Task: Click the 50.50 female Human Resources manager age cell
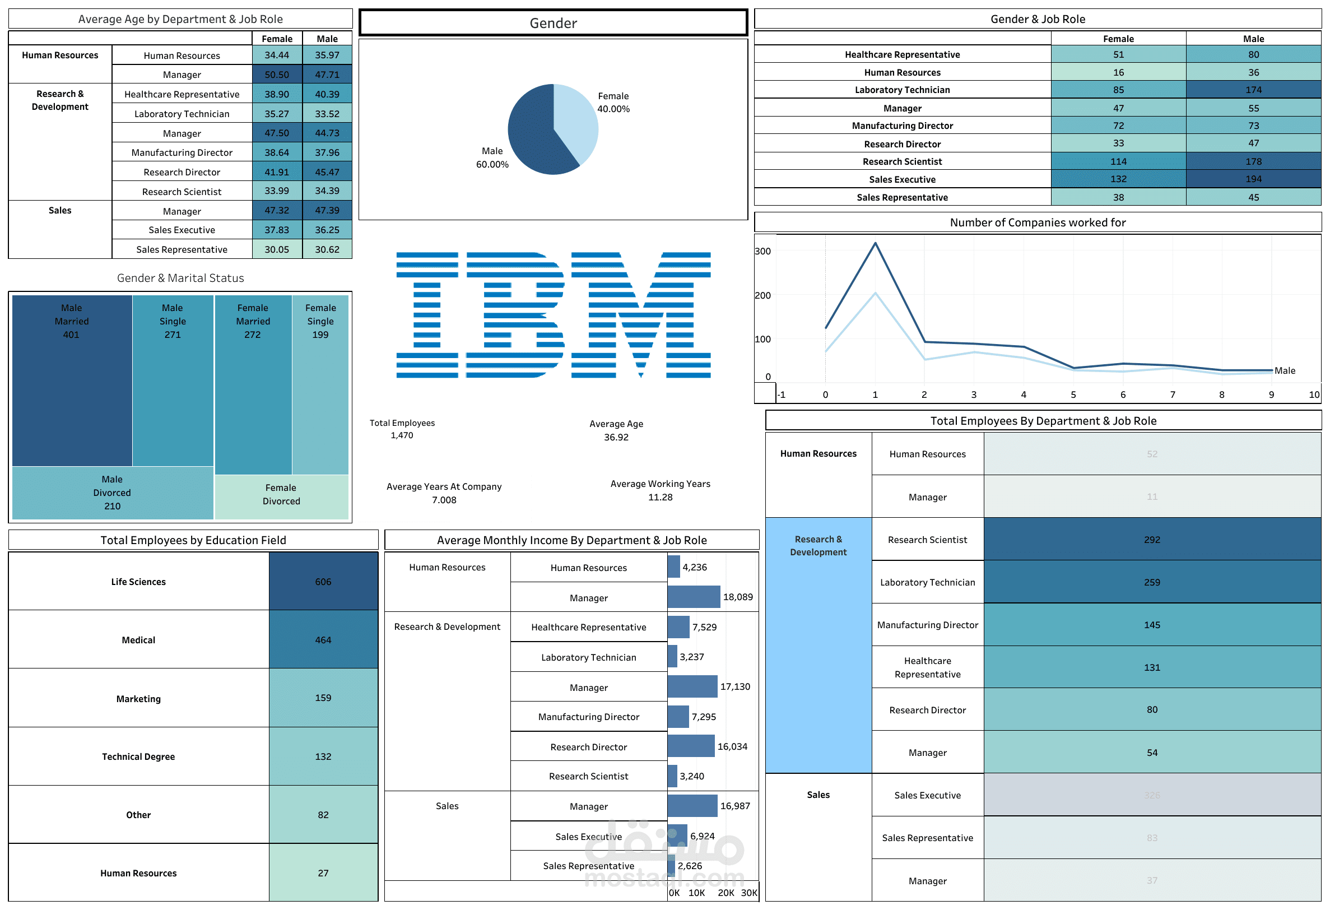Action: pos(277,75)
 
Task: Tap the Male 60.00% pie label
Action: pos(492,158)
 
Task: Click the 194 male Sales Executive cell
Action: pos(1253,179)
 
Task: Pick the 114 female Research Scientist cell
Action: pos(1118,161)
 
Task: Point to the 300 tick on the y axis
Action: pos(763,251)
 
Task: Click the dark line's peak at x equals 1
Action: pos(875,243)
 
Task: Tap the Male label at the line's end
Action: pos(1285,371)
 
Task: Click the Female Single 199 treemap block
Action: pos(320,383)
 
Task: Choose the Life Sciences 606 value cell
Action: pos(323,582)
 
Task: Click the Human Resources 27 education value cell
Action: pos(323,873)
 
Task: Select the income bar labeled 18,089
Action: pos(694,597)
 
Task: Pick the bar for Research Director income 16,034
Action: pos(691,746)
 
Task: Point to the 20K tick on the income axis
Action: pos(726,893)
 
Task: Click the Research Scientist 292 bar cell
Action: pos(1152,540)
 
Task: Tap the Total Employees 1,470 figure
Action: pos(402,435)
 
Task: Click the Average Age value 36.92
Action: pos(616,437)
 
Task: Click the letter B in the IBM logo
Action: pos(515,315)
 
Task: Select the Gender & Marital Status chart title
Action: pos(180,278)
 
